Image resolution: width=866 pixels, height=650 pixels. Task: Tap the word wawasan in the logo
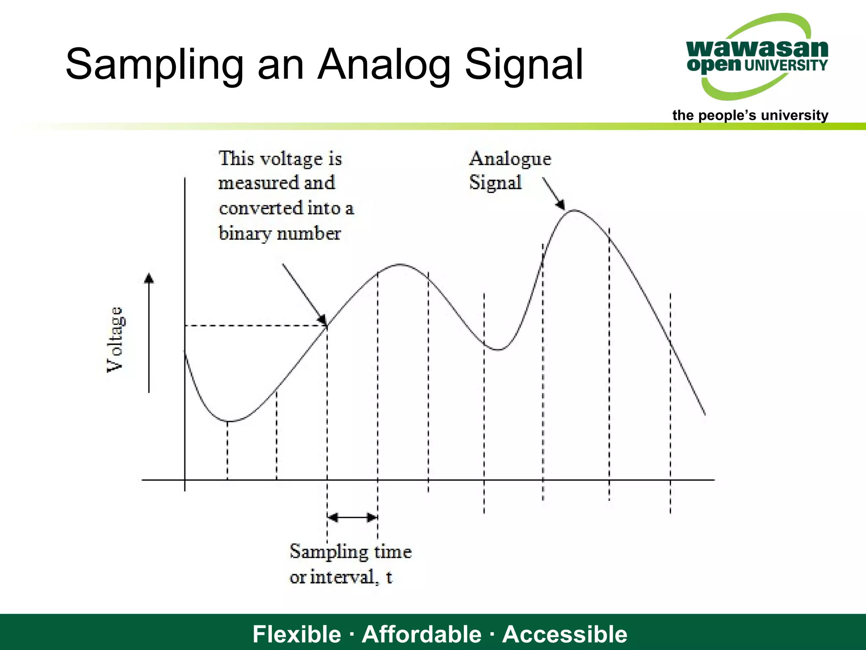pos(757,49)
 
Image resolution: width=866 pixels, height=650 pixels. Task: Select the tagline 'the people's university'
pos(750,115)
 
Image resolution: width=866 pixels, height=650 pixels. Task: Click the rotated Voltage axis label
pos(115,339)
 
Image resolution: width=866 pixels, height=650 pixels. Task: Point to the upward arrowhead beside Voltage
pos(149,278)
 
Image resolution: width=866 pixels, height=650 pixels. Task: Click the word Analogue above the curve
pos(510,159)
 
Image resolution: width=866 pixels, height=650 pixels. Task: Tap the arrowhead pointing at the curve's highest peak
pos(561,205)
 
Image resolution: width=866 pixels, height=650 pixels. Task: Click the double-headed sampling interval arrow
pos(352,517)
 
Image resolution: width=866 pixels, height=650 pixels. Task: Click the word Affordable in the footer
pos(422,634)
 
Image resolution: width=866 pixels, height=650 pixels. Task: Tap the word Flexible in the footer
pos(296,634)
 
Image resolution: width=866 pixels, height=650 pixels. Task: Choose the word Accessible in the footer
pos(565,634)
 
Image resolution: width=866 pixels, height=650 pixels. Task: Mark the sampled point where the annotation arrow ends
pos(327,325)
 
